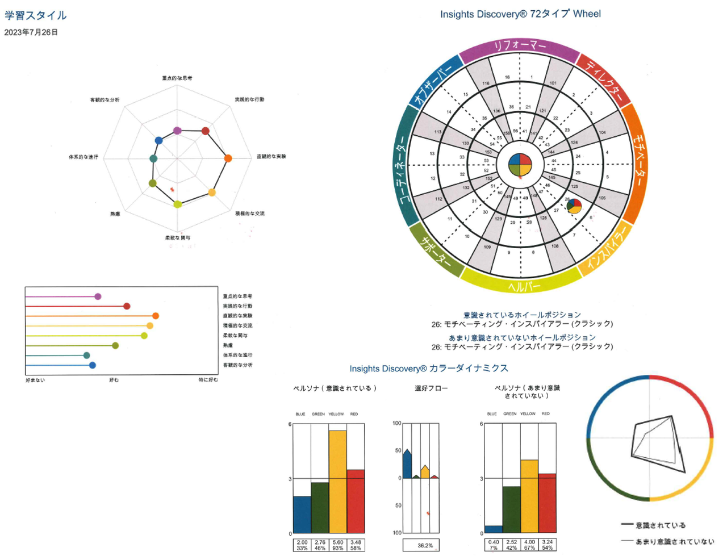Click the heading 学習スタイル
click(x=35, y=15)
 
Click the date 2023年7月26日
click(x=31, y=32)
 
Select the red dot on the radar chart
click(x=206, y=131)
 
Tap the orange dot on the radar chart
click(x=228, y=158)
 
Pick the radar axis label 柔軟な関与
click(x=178, y=237)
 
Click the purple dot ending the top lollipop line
click(x=98, y=296)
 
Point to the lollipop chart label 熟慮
click(x=228, y=345)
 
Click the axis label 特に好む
click(x=208, y=380)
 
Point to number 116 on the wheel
click(x=486, y=83)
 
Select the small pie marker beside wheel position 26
click(x=574, y=206)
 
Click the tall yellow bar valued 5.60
click(x=337, y=482)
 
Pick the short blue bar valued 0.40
click(x=493, y=529)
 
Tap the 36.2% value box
click(x=425, y=545)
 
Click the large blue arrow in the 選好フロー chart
click(x=407, y=463)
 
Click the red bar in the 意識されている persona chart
click(x=356, y=501)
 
